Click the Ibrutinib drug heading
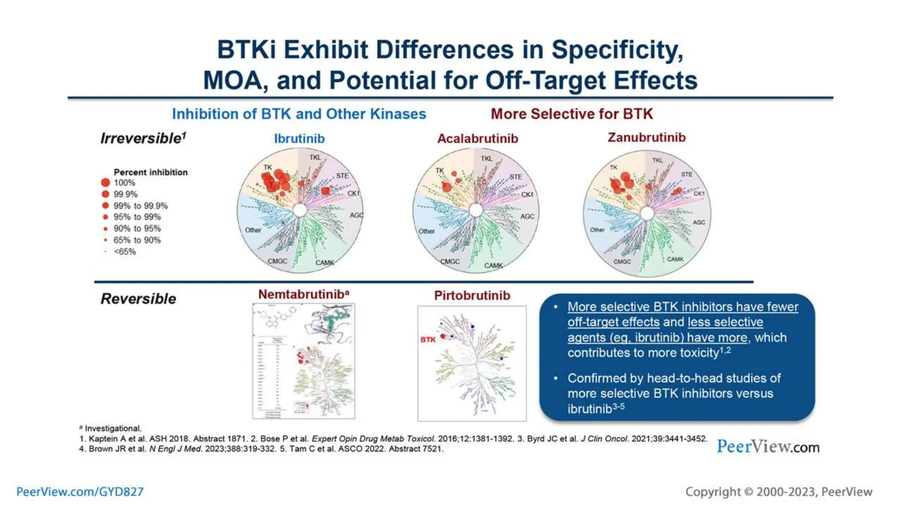299,139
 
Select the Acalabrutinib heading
477,139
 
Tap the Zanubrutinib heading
646,137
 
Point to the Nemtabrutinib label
303,294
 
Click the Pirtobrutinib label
472,295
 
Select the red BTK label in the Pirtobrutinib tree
428,339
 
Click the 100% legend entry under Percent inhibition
124,183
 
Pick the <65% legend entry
125,252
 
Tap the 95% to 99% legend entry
137,217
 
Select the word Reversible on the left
138,299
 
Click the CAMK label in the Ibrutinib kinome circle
325,263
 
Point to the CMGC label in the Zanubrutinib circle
622,261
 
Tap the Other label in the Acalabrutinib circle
426,231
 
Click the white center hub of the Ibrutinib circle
300,210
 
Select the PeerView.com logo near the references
768,447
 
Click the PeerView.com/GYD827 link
80,492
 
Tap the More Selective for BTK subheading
571,114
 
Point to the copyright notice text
778,492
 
